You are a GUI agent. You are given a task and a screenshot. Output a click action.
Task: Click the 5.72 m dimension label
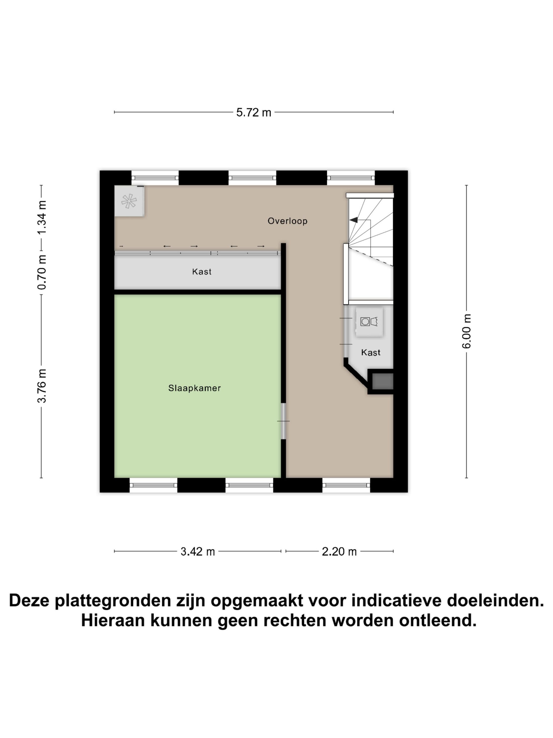coord(253,113)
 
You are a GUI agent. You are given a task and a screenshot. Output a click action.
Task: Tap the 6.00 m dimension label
coord(466,331)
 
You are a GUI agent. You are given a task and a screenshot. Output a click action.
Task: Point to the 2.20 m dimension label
coord(339,551)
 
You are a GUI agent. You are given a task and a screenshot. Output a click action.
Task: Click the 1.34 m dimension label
coord(42,217)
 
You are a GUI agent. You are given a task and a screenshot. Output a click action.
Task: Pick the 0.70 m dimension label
coord(42,272)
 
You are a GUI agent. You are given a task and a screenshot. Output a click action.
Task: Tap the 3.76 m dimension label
coord(42,386)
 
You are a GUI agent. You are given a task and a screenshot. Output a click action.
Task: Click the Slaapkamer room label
coord(194,388)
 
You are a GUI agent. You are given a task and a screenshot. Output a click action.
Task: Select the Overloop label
coord(287,221)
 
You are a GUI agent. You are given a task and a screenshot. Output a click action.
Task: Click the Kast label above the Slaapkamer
coord(202,271)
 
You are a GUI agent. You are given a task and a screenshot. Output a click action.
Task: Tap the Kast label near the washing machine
coord(371,352)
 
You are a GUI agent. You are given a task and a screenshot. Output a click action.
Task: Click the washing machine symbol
coord(369,322)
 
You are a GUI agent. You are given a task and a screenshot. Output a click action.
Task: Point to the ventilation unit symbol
coord(129,201)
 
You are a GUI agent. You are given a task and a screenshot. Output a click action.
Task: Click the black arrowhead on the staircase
coord(353,220)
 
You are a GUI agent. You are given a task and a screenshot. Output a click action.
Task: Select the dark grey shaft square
coord(382,381)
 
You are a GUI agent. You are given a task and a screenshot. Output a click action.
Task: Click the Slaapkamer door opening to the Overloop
coord(283,421)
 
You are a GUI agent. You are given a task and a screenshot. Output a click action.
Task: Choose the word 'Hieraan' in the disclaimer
coord(113,621)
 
